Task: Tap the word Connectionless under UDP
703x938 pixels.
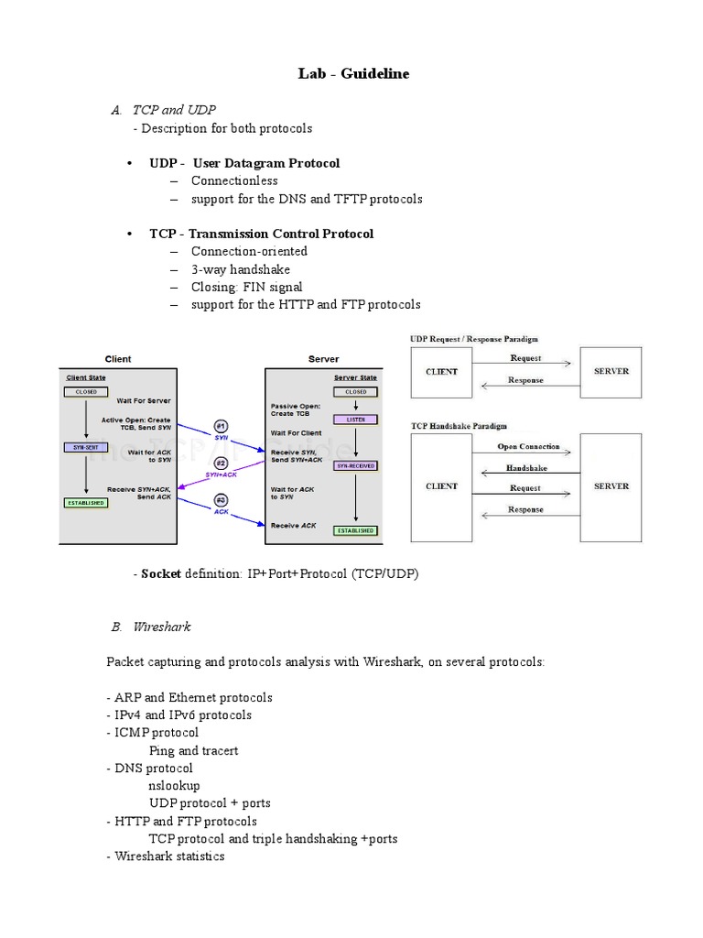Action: [234, 180]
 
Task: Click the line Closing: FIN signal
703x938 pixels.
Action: [246, 287]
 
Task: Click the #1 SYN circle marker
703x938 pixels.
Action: [220, 426]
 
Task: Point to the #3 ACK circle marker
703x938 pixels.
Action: [220, 500]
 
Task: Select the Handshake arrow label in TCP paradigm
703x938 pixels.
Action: [526, 468]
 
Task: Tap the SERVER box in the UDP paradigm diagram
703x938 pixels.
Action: [611, 372]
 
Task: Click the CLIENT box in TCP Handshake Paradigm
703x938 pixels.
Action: [441, 486]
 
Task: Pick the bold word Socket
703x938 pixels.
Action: [161, 573]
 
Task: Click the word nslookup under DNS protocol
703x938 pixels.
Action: [174, 785]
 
